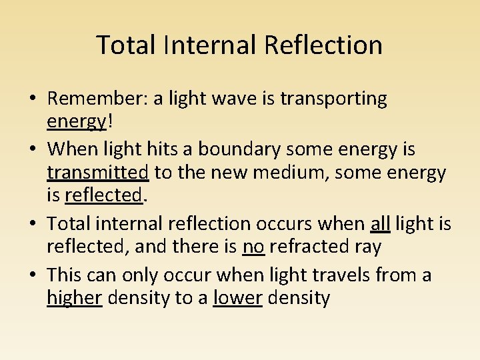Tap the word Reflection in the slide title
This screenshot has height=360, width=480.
pyautogui.click(x=323, y=45)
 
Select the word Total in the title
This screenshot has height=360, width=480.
pyautogui.click(x=125, y=45)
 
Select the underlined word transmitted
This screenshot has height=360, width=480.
pyautogui.click(x=97, y=173)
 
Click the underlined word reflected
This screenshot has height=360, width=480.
pyautogui.click(x=103, y=196)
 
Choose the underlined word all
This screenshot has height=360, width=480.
pyautogui.click(x=380, y=223)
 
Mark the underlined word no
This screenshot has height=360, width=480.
pyautogui.click(x=253, y=247)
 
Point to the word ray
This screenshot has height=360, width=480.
pyautogui.click(x=369, y=247)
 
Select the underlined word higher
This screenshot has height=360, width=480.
pyautogui.click(x=74, y=298)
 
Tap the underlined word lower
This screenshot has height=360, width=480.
pyautogui.click(x=237, y=298)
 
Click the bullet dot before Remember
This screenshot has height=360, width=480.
pyautogui.click(x=32, y=99)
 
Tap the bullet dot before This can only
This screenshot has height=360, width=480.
pyautogui.click(x=32, y=275)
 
